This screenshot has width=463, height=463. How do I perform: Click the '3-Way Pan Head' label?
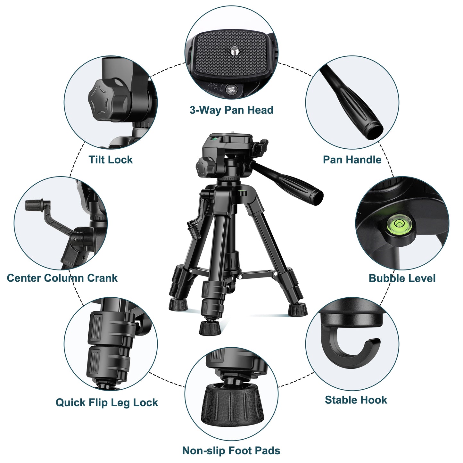231,110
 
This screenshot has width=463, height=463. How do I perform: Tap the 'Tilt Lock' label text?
111,160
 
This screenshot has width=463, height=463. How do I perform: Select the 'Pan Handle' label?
352,160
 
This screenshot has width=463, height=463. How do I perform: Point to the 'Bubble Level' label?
402,278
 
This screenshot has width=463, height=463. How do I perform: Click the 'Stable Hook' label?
356,400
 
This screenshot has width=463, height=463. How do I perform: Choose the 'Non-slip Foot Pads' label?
231,451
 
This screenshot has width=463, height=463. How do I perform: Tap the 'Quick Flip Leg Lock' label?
107,402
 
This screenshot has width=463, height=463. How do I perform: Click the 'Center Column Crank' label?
62,278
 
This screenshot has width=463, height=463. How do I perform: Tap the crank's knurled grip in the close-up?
34,205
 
